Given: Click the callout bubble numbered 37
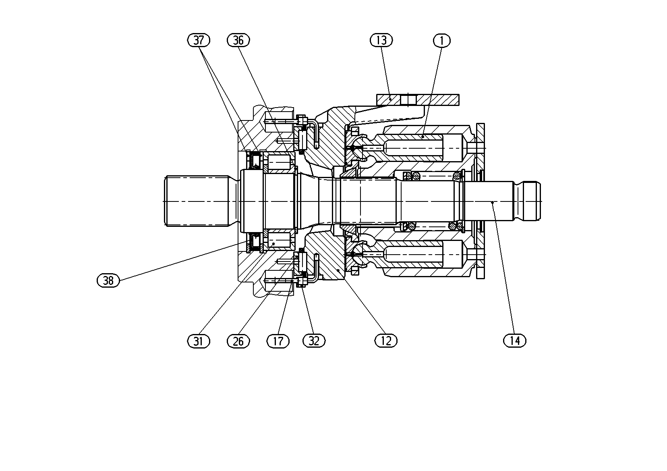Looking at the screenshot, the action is pos(199,40).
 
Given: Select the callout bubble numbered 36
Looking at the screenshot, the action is pos(238,40).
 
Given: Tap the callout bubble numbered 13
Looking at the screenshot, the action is pos(381,40).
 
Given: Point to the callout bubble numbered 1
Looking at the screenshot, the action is pos(441,41).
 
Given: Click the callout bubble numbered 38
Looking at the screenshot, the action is pos(108,280).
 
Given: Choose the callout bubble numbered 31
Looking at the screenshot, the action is pos(199,341).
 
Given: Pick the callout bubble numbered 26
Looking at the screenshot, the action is pos(238,341).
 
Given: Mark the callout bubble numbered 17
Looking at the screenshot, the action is pos(278,341).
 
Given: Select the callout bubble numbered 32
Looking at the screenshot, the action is pos(314,341).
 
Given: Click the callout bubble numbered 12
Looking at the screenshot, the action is pos(386,341).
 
